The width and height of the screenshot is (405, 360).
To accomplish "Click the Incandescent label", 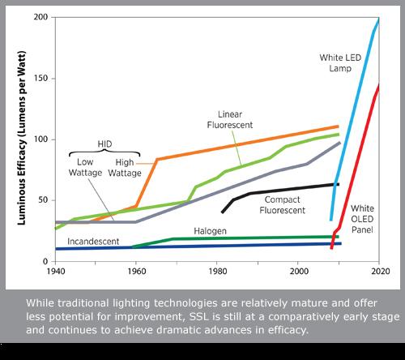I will pyautogui.click(x=94, y=241).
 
